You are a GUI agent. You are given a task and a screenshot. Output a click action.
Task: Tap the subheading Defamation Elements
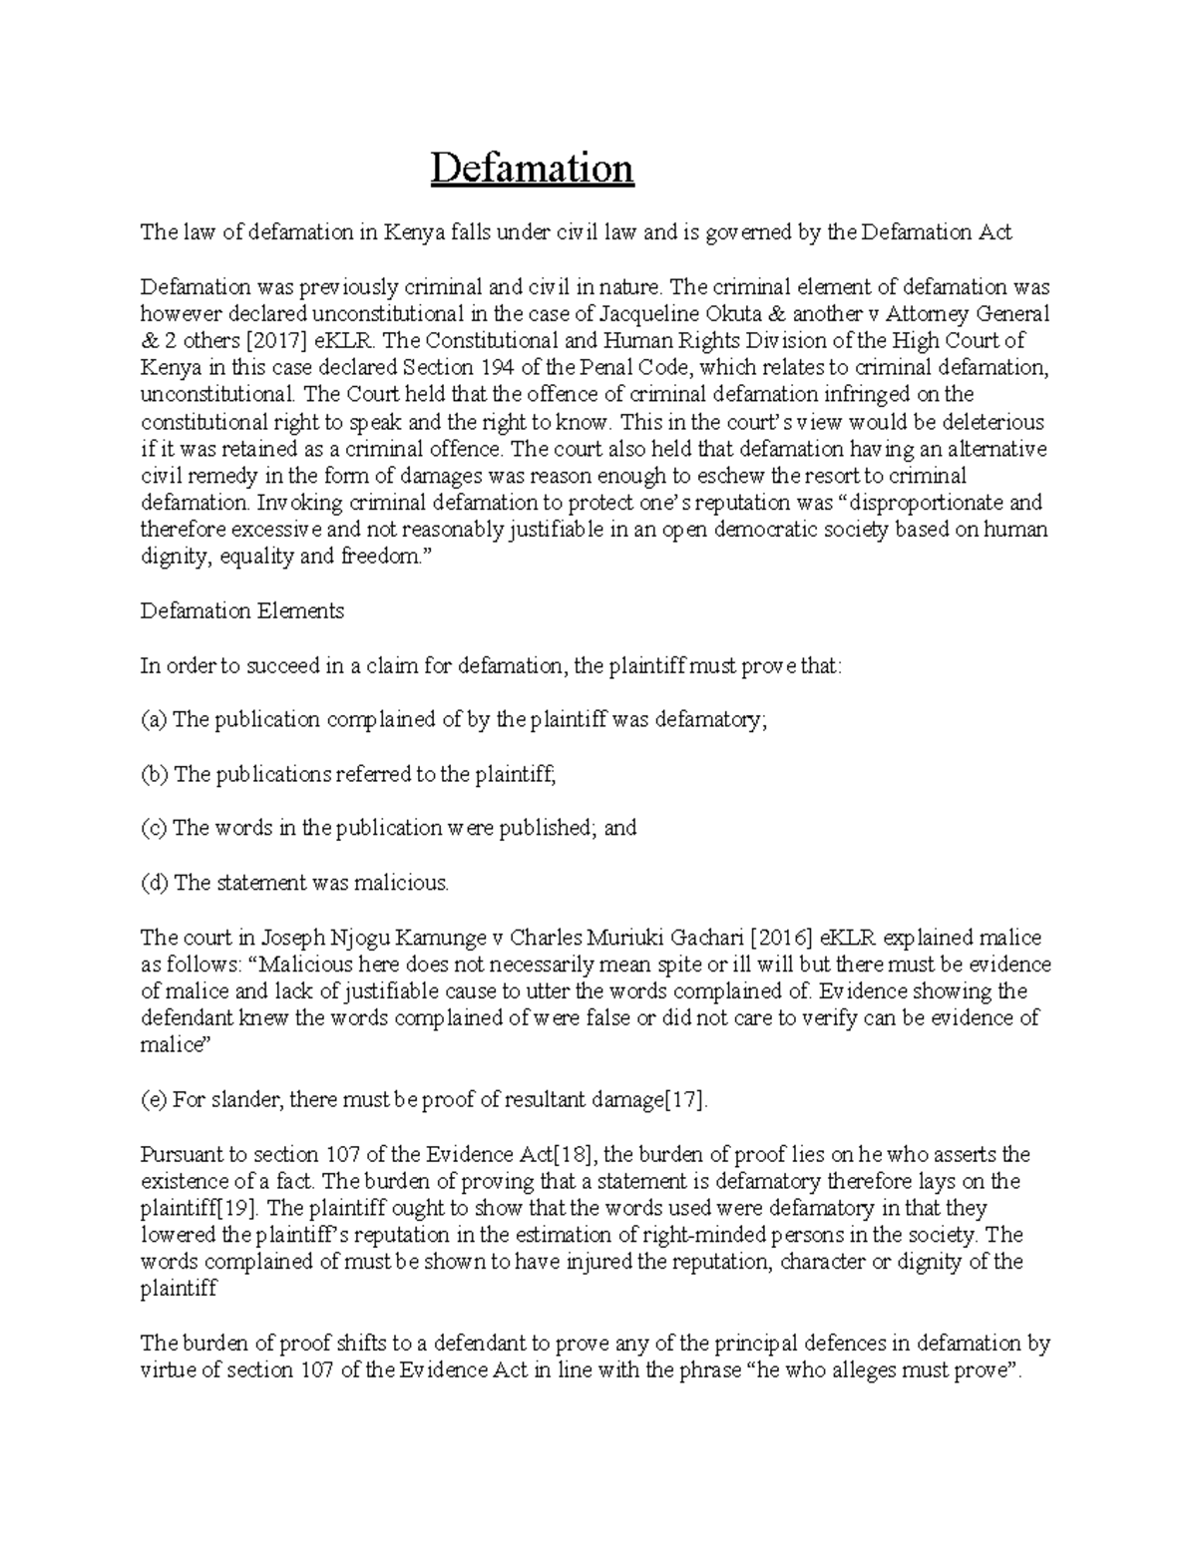coord(242,610)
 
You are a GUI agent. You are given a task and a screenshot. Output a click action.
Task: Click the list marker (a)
coord(155,719)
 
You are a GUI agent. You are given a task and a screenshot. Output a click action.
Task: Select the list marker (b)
coord(156,774)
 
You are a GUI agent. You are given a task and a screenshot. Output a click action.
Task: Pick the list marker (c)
coord(155,828)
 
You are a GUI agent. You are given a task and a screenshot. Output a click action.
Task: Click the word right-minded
coord(706,1236)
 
